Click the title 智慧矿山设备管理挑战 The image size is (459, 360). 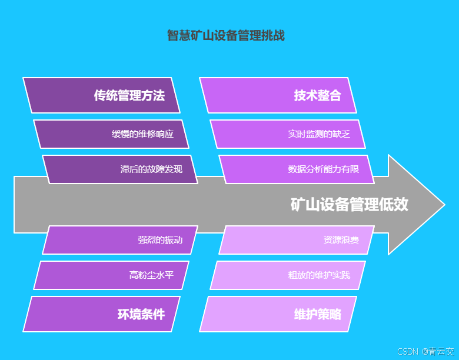pyautogui.click(x=225, y=36)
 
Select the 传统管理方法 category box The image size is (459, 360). pyautogui.click(x=101, y=95)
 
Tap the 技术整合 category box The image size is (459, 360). pyautogui.click(x=278, y=95)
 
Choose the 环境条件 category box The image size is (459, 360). pyautogui.click(x=101, y=314)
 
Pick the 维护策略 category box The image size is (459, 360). pyautogui.click(x=278, y=314)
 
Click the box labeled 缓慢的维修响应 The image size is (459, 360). pyautogui.click(x=111, y=134)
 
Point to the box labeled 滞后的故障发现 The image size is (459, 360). pyautogui.click(x=120, y=169)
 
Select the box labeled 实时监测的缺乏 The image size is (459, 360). pyautogui.click(x=288, y=134)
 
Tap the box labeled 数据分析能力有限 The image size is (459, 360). pyautogui.click(x=297, y=169)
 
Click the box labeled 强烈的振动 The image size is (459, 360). pyautogui.click(x=120, y=240)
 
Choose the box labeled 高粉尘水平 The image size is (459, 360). pyautogui.click(x=111, y=275)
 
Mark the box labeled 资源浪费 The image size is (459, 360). pyautogui.click(x=297, y=240)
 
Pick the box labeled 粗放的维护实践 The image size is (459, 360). pyautogui.click(x=288, y=275)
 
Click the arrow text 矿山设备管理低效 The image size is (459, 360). pyautogui.click(x=349, y=205)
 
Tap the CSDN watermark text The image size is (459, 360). pyautogui.click(x=407, y=352)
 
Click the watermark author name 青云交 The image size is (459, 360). pyautogui.click(x=441, y=352)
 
